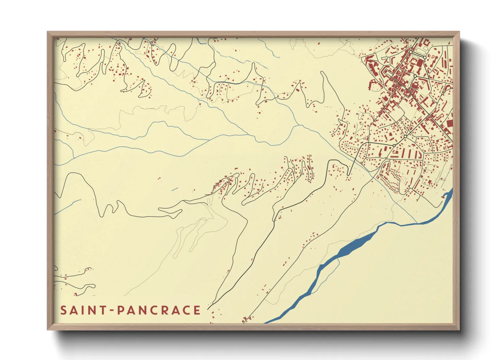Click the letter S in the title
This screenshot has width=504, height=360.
64,310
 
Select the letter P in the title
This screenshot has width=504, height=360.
120,310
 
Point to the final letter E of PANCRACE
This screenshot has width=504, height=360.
196,310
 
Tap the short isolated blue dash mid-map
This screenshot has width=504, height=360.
175,189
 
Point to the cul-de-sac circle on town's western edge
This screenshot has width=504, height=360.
346,145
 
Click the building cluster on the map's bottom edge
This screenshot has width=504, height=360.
246,320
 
